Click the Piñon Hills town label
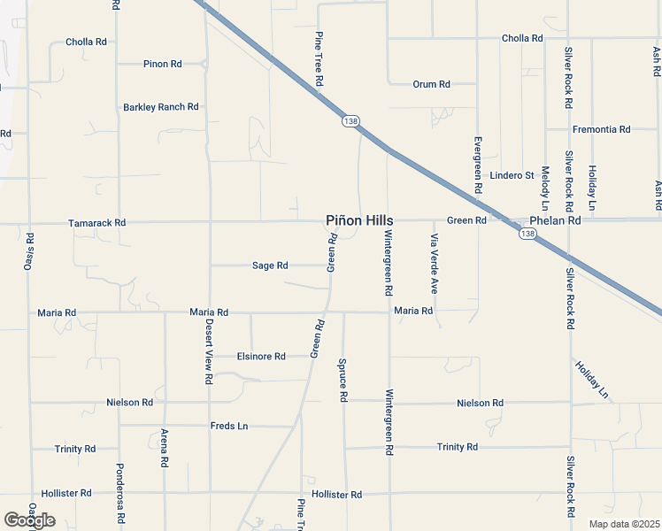click(358, 220)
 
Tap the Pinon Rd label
click(162, 64)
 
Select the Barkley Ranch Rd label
click(160, 107)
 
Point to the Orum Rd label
click(431, 84)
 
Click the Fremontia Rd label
click(601, 129)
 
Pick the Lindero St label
click(512, 175)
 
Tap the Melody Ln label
click(545, 185)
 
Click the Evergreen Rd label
click(477, 165)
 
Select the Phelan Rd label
click(554, 220)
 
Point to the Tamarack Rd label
click(96, 223)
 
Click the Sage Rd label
click(270, 265)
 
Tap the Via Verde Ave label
click(435, 264)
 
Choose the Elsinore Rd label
click(261, 357)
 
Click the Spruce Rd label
click(343, 380)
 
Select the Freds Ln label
click(228, 426)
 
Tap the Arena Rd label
click(165, 448)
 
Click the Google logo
click(29, 520)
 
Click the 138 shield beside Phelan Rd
click(528, 234)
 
